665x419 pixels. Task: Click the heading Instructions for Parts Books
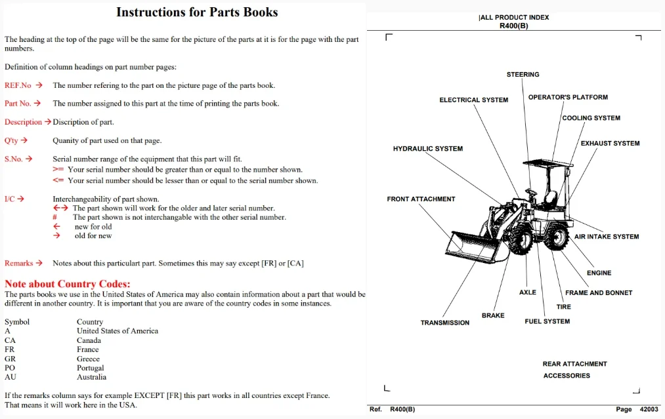(197, 12)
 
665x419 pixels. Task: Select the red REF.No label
(18, 85)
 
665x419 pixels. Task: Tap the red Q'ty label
(11, 141)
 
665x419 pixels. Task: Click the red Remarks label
(18, 263)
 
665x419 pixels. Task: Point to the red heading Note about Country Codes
(68, 284)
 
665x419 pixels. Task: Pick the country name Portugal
(91, 368)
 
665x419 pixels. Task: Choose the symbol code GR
(10, 359)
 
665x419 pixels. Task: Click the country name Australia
(92, 377)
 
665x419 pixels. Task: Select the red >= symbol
(58, 169)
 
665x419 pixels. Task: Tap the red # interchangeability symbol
(54, 217)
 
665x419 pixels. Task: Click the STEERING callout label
(523, 75)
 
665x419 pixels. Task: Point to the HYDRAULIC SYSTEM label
(428, 149)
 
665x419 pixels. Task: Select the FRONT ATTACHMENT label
(421, 199)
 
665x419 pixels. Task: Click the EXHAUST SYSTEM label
(611, 144)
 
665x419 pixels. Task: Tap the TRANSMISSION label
(445, 323)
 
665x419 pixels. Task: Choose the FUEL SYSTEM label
(547, 321)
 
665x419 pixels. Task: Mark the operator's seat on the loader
(550, 199)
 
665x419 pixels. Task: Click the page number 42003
(649, 409)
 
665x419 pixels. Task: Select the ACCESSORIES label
(567, 376)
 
